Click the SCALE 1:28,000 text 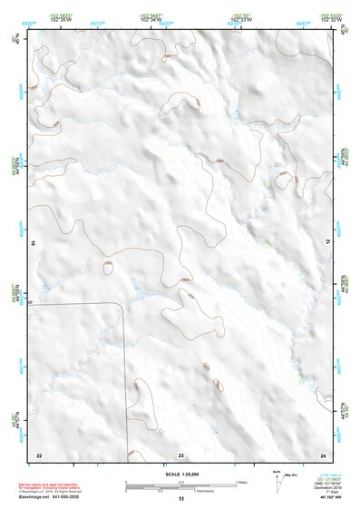180,475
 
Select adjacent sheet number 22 39,454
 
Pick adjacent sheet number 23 180,454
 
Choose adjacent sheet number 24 323,454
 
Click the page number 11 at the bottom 180,499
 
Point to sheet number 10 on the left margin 33,243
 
